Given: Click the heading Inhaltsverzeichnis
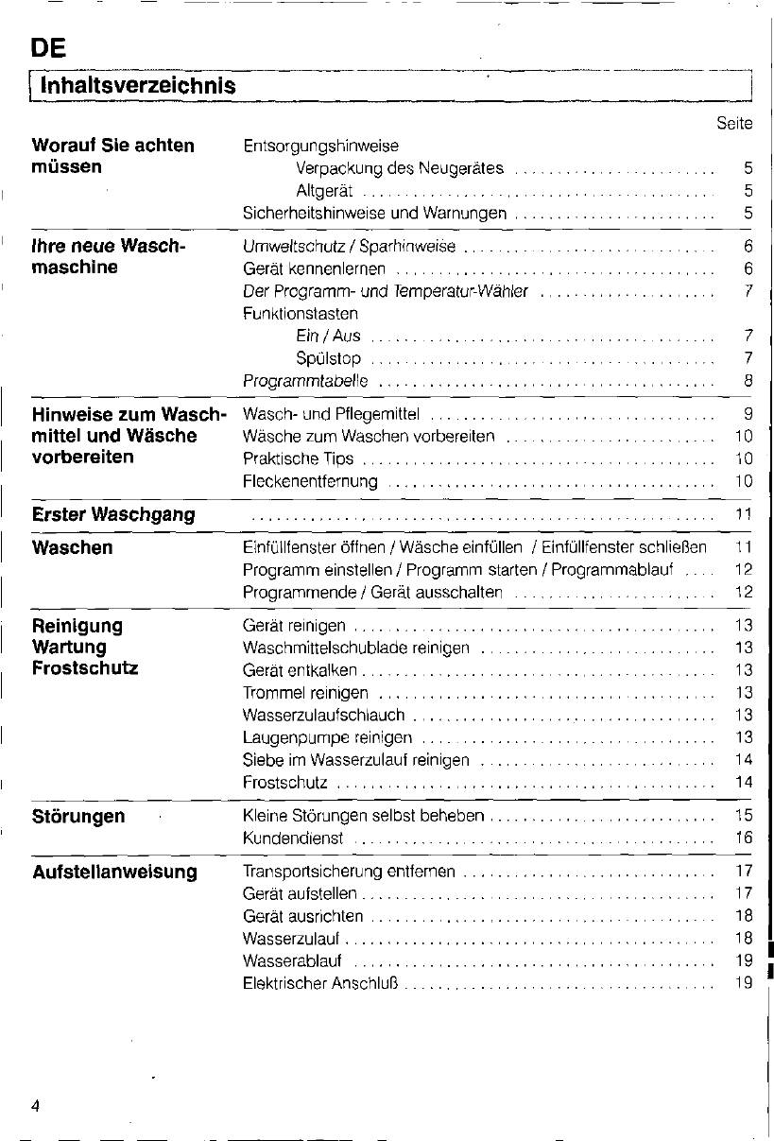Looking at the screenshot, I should [x=132, y=86].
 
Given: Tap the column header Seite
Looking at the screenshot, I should [x=733, y=124].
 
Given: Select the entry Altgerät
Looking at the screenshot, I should [x=324, y=191].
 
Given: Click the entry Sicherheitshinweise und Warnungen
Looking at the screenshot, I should [x=374, y=213].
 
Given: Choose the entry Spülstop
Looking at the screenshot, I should [x=328, y=359].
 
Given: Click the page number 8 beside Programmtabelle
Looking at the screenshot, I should [x=747, y=381].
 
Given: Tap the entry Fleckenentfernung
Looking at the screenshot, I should [x=310, y=481].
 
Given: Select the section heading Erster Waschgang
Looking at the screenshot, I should [x=113, y=515].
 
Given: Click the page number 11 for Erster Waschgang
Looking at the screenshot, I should [x=743, y=515].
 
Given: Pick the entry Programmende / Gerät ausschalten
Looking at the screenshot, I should [x=372, y=593].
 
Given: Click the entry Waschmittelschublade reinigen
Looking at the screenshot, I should [x=356, y=648].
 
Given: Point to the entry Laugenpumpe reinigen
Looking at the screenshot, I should [x=327, y=737].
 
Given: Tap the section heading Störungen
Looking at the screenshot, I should [x=78, y=817].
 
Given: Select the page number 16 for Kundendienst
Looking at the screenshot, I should [x=743, y=838].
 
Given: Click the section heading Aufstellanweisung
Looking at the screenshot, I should [x=114, y=872].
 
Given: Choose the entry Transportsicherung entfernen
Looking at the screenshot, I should [x=349, y=872].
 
